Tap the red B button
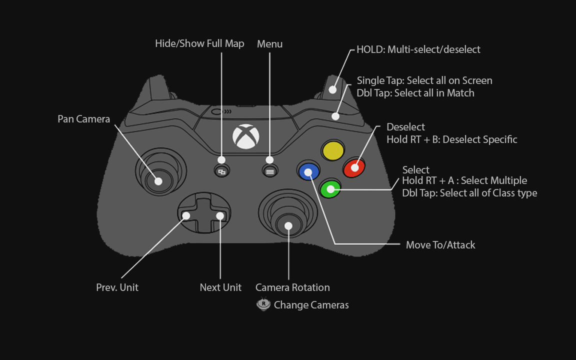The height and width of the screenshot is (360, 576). [354, 167]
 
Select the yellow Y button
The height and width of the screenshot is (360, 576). [333, 150]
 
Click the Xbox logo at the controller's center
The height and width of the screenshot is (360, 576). [246, 136]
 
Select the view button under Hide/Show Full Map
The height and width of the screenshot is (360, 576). [221, 171]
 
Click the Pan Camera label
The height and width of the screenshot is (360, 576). [83, 119]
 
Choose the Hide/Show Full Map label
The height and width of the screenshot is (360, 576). [199, 43]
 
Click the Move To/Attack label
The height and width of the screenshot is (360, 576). [440, 244]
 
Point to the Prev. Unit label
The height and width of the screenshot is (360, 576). [117, 287]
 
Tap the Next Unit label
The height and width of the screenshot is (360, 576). [220, 287]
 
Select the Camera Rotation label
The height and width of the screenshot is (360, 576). [292, 287]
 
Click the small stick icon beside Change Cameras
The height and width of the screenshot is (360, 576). [263, 304]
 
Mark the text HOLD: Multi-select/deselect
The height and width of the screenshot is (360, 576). [418, 49]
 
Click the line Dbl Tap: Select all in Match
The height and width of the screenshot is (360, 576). [415, 93]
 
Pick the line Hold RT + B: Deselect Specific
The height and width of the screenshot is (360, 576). [452, 139]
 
